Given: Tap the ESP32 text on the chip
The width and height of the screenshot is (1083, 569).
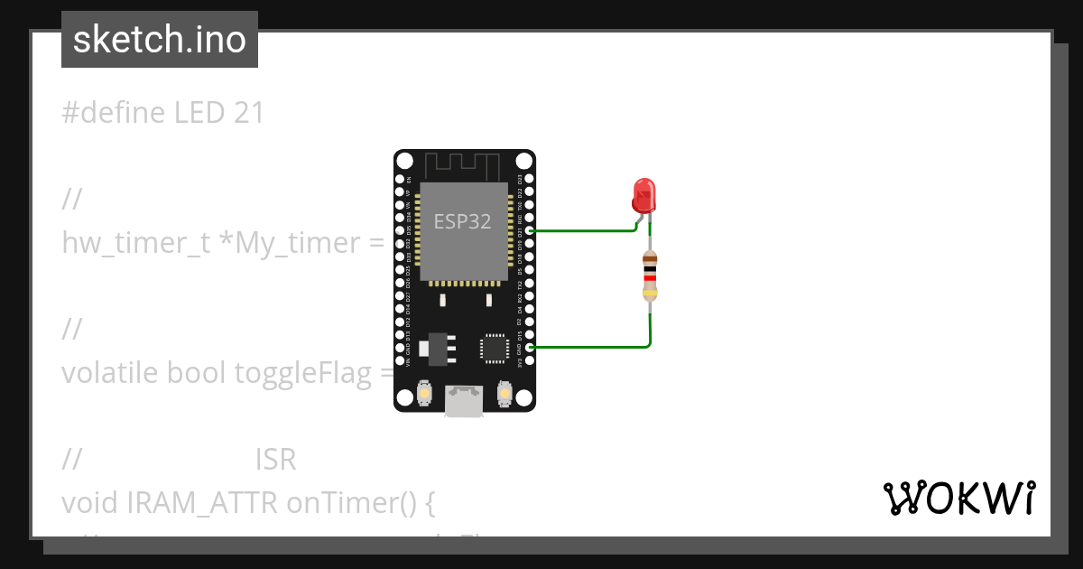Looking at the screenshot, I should point(463,221).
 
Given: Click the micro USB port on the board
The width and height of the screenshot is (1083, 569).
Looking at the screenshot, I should point(464,403).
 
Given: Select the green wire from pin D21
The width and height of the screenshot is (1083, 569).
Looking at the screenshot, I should point(582,230).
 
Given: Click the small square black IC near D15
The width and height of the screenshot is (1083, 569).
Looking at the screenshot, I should point(494,348).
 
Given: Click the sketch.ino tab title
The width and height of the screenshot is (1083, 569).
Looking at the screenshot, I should point(160,40).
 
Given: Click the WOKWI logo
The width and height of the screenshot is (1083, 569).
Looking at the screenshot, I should point(958,499).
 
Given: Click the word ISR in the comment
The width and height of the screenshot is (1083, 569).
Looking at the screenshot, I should point(275,461).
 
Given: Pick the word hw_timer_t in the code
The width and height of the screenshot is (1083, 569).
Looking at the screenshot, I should point(135,243).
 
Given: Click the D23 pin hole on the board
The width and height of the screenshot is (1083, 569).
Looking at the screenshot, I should point(528,179).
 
